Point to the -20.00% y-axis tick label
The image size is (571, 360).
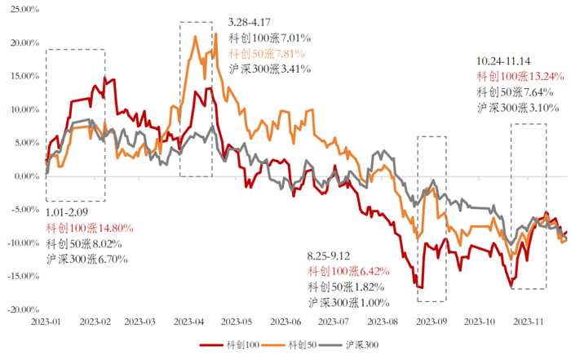coord(22,310)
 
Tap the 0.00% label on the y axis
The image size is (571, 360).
coord(25,176)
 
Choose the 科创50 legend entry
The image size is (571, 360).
coord(300,346)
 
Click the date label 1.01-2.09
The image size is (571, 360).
coord(68,213)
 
